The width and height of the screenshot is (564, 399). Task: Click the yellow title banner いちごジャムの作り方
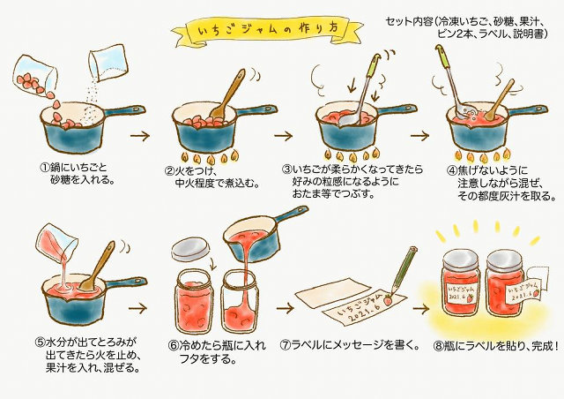(267, 29)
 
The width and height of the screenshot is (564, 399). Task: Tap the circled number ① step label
(44, 168)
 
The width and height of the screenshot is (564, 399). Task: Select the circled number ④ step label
(451, 170)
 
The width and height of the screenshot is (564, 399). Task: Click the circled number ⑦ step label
(285, 345)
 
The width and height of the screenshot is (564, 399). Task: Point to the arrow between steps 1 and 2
(140, 136)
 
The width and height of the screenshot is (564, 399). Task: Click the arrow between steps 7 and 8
(421, 309)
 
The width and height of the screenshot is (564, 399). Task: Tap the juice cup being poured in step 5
(57, 240)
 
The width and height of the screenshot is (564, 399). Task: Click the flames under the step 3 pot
(352, 154)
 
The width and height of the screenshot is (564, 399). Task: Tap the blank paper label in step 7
(333, 292)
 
